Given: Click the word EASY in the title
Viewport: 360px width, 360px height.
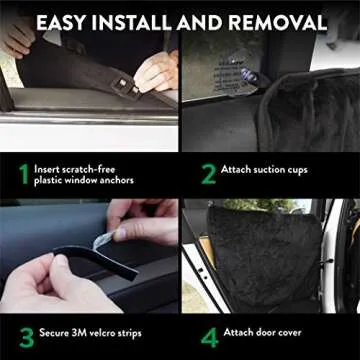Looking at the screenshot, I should tap(69, 21).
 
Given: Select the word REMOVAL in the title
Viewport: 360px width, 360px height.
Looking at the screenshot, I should tap(279, 21).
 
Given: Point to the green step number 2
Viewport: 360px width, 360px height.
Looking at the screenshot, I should tap(208, 176).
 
